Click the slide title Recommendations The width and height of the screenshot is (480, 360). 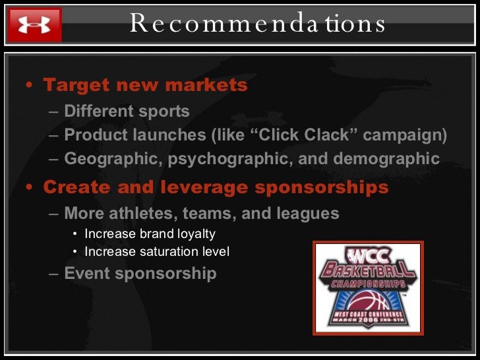click(258, 24)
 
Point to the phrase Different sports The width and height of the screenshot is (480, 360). click(127, 111)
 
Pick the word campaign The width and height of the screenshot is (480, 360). click(405, 135)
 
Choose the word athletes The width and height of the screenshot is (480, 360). click(148, 213)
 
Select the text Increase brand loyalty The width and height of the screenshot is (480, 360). click(150, 233)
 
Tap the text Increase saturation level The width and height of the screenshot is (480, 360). click(157, 251)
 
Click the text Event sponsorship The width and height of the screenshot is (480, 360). click(140, 273)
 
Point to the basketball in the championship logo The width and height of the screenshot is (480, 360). click(367, 305)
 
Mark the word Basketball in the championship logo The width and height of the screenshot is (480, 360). click(367, 270)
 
